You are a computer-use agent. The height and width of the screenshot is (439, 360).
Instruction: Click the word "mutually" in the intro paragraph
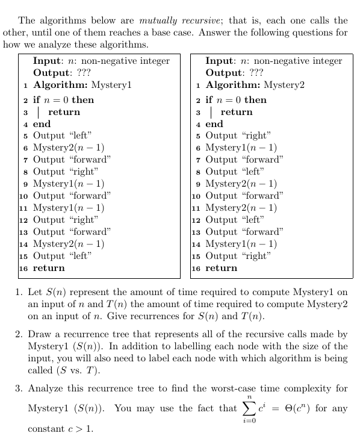pos(158,20)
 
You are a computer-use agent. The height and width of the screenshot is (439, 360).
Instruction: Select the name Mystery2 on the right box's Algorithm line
pos(284,85)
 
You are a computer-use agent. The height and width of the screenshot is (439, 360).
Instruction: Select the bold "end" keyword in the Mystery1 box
pos(42,123)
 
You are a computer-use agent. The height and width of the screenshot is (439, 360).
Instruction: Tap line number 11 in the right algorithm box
pos(197,208)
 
